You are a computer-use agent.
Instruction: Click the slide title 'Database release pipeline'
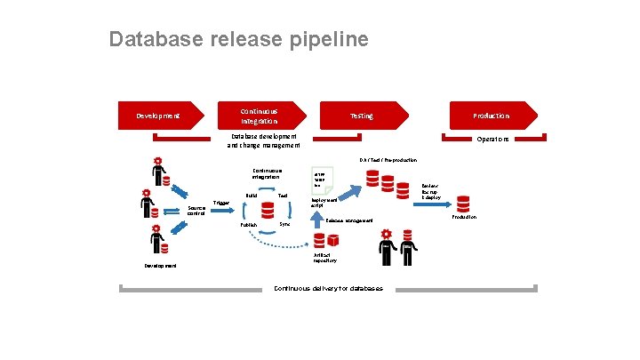237,40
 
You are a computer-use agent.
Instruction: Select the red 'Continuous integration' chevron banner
260,116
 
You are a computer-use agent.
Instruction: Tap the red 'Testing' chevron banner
361,116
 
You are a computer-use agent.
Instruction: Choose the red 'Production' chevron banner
491,116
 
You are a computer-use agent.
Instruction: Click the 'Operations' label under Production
492,140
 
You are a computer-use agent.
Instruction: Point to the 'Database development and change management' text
264,140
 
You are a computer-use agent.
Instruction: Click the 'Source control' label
196,212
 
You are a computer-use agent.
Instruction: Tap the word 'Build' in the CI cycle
252,196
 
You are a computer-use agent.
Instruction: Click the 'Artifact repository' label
324,259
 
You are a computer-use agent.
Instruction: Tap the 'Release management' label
349,220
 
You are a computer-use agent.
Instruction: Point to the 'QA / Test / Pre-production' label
388,160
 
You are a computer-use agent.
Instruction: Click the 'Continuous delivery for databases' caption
328,288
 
